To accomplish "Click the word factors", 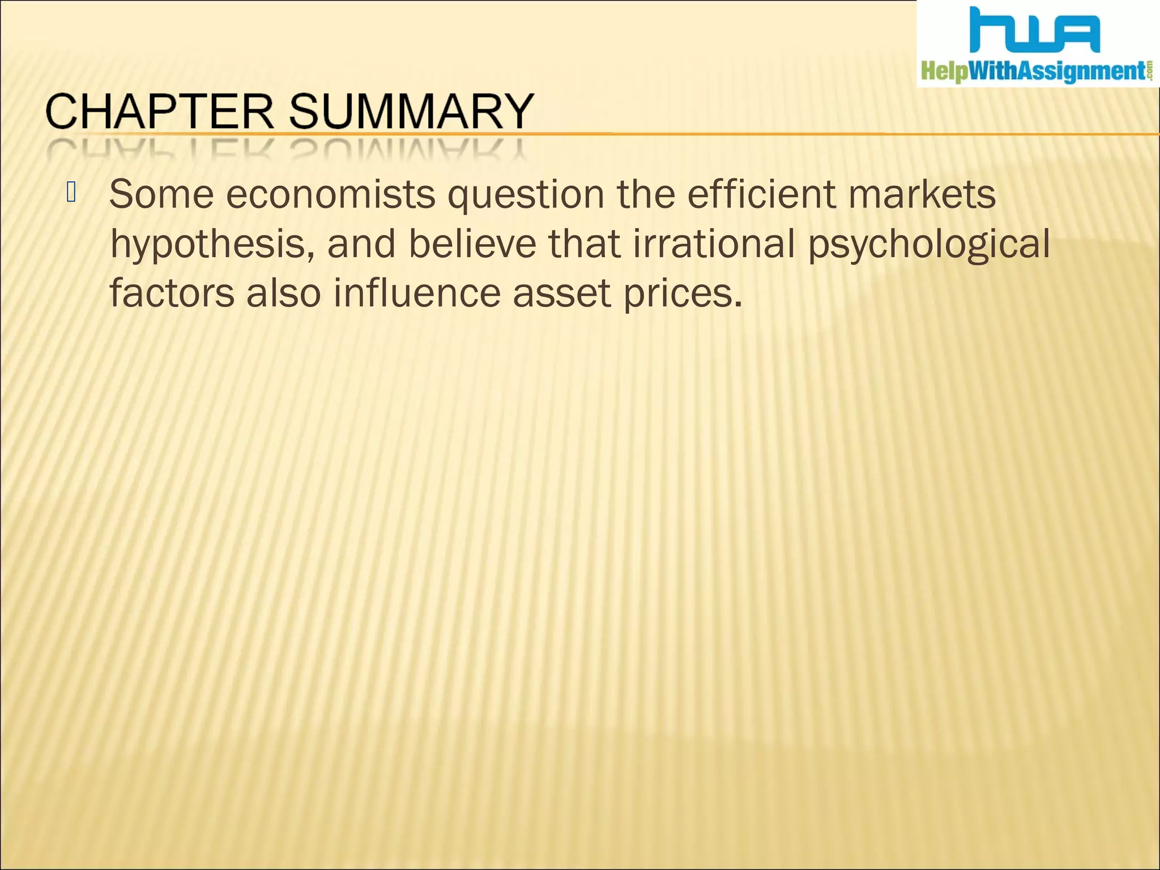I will (x=172, y=293).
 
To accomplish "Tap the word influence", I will (x=417, y=293).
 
